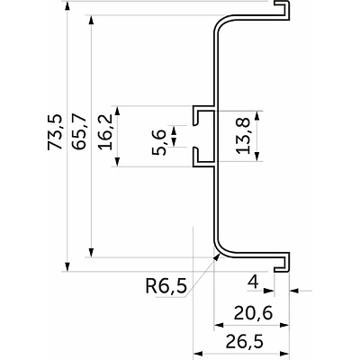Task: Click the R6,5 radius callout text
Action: coord(166,286)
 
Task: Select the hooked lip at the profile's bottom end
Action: coord(283,264)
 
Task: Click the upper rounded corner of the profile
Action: coord(220,26)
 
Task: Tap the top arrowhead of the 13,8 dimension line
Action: coord(257,114)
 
